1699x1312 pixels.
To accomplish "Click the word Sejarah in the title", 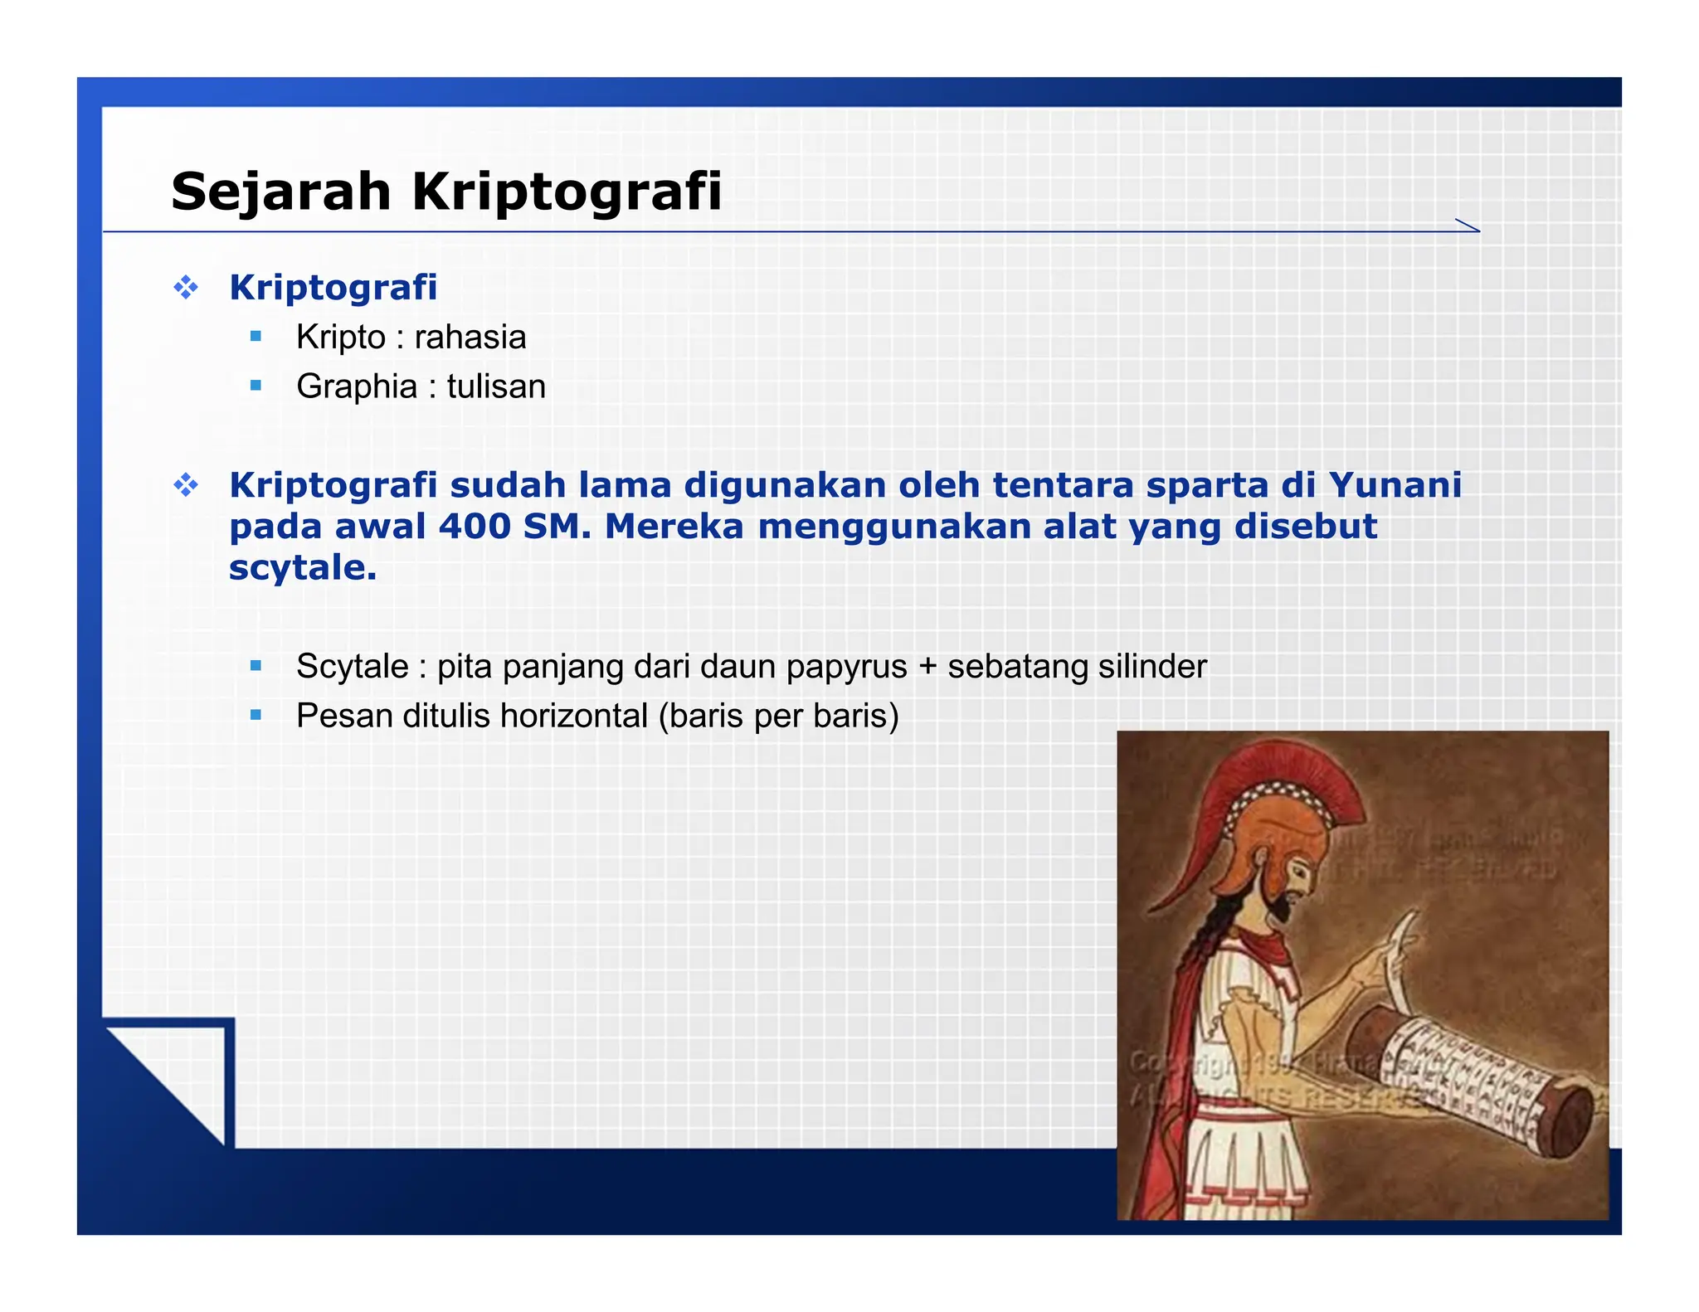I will pos(280,192).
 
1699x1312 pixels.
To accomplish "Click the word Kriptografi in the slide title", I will pos(567,192).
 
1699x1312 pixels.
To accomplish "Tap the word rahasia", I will pos(470,338).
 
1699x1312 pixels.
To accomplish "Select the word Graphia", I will pos(357,387).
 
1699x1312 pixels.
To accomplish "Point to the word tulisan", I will pos(496,387).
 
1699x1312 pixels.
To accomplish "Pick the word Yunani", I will pos(1395,485).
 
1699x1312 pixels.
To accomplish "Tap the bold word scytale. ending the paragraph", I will pos(303,568).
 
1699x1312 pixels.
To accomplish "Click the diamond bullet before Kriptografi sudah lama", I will pos(186,485).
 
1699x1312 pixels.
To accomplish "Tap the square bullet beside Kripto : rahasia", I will pos(256,337).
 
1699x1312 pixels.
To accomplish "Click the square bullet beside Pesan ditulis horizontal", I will pos(256,715).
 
